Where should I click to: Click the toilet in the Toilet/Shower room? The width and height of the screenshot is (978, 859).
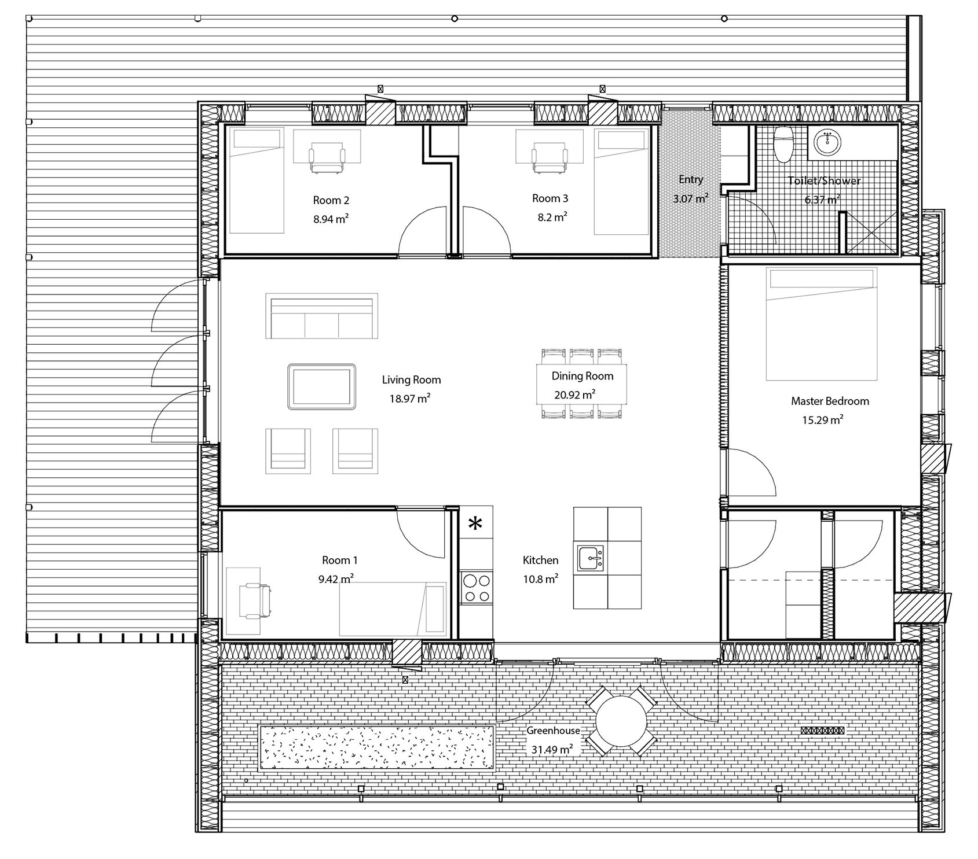tap(782, 144)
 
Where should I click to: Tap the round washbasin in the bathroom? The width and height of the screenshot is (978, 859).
tap(829, 142)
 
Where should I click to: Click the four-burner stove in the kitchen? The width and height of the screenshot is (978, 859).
tap(476, 588)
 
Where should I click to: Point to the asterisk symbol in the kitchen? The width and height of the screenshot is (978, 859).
tap(475, 524)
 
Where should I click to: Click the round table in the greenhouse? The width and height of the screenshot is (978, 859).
tap(621, 721)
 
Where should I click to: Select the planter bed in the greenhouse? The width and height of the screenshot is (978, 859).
tap(376, 747)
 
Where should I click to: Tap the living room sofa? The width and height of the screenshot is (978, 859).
tap(321, 316)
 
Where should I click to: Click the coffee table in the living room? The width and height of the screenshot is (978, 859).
tap(321, 386)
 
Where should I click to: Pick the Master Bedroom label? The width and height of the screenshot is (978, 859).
tap(830, 401)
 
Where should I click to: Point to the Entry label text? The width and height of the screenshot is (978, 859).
tap(691, 179)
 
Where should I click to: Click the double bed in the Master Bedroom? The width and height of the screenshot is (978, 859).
tap(822, 323)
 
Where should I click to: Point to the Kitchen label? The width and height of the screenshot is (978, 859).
tap(540, 560)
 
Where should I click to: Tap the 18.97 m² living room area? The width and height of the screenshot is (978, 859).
tap(410, 399)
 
